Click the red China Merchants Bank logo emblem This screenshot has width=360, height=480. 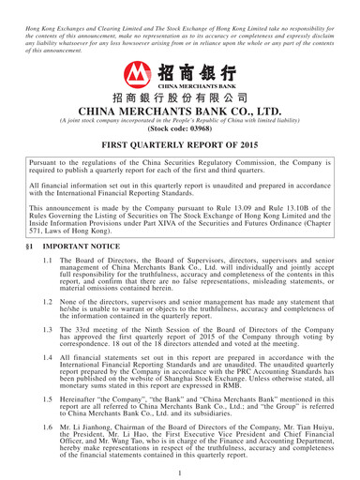point(140,74)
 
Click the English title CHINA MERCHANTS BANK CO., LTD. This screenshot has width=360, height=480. point(180,112)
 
